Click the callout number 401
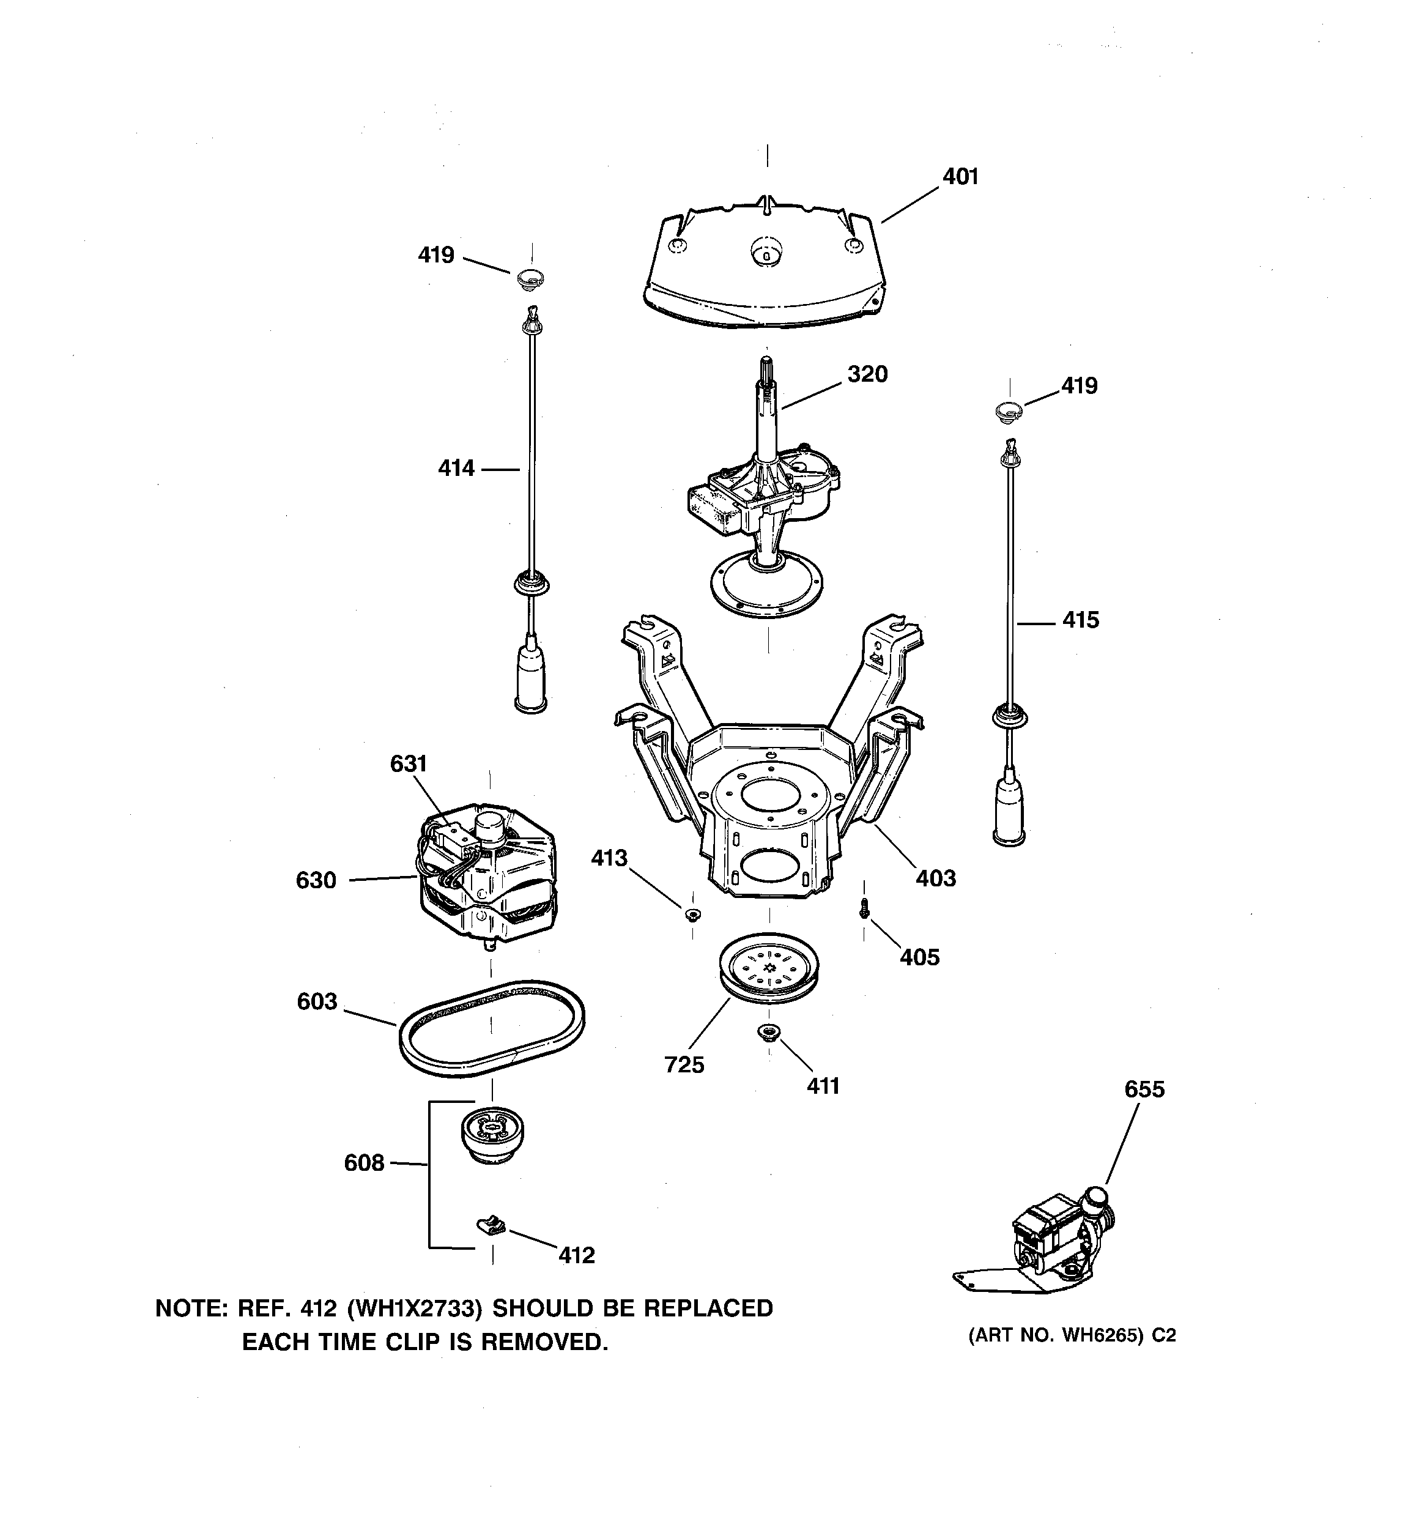tap(960, 177)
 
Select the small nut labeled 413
tap(692, 914)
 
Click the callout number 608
tap(364, 1163)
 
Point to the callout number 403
tap(935, 878)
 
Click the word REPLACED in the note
tap(708, 1308)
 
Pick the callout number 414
tap(456, 469)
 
